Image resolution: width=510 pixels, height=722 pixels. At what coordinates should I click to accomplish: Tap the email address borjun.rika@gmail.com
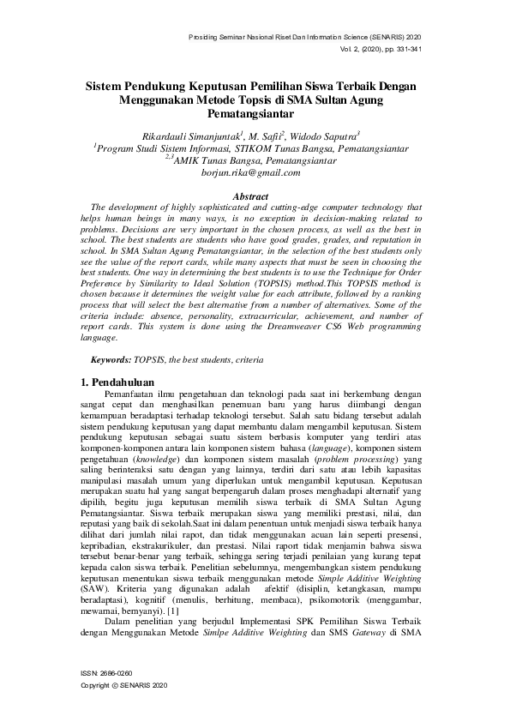tap(250, 172)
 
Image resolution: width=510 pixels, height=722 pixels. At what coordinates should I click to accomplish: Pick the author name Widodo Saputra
tap(328, 135)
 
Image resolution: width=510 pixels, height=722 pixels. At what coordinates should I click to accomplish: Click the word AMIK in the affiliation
tap(191, 160)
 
